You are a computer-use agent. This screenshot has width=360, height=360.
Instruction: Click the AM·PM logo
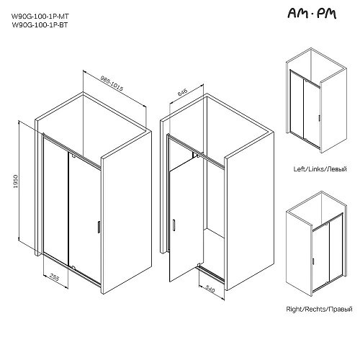pos(312,14)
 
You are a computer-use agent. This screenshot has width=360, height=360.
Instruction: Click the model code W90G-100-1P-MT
pos(40,17)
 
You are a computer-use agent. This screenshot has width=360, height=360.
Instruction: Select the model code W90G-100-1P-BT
pos(40,25)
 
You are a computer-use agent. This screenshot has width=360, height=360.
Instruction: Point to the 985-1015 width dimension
pos(112,84)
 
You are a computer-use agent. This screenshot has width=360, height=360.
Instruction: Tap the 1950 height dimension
pos(16,181)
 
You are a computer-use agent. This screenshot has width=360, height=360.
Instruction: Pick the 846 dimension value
pos(182,92)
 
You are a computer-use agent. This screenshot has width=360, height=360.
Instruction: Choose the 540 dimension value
pos(210,289)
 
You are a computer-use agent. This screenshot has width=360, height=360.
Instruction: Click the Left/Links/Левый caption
pos(320,169)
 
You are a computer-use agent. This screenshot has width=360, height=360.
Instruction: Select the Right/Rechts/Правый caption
pos(319,309)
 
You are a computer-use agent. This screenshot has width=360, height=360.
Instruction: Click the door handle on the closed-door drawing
pos(99,227)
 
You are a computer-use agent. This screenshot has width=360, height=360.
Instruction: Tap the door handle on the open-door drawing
pos(174,225)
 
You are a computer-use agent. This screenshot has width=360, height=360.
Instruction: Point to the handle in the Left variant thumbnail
pos(319,118)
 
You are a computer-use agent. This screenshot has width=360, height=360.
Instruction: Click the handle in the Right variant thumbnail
pos(313,261)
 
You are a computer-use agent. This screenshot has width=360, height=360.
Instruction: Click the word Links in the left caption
pos(315,169)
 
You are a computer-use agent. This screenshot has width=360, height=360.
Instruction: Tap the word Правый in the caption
pos(341,310)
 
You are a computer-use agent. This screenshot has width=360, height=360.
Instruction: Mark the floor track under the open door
pos(212,273)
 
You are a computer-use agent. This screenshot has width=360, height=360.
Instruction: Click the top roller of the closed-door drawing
pos(73,156)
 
